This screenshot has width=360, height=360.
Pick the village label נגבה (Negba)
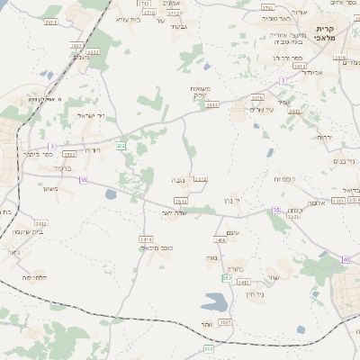coord(178,181)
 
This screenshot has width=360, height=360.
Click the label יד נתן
coord(232,201)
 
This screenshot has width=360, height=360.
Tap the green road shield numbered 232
coord(121,145)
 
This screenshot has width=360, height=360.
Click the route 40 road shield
coord(346,259)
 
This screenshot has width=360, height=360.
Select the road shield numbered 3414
coord(146,238)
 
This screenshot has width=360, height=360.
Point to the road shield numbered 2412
coord(41,223)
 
